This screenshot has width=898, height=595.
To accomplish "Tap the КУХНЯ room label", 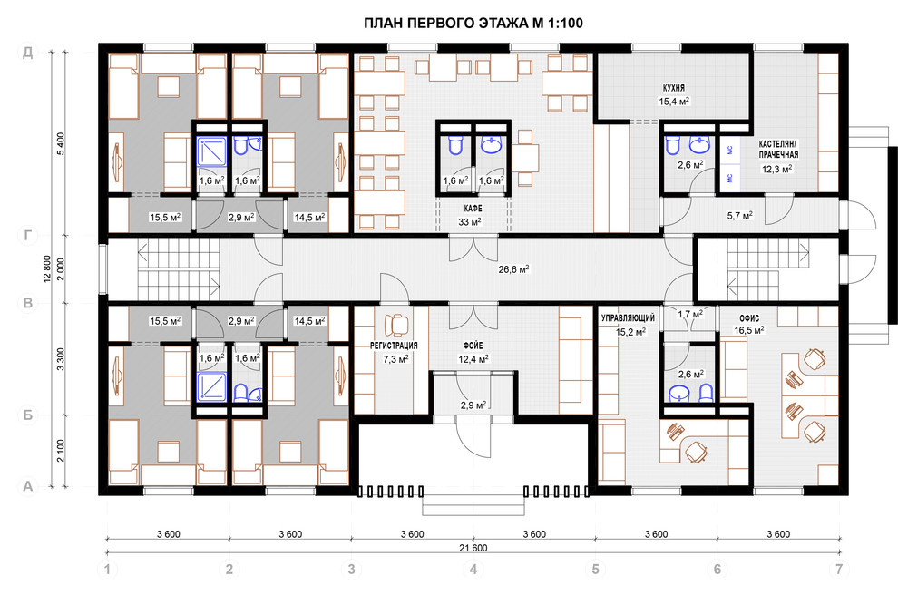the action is (673, 88).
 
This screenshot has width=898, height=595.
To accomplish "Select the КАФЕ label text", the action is (473, 209).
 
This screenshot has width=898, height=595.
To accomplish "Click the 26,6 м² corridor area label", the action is (513, 268).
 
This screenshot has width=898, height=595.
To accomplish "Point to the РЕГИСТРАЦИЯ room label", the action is (394, 346).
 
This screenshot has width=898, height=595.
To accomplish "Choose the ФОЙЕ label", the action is (473, 346).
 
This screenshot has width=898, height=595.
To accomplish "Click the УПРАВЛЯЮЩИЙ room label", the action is (628, 317).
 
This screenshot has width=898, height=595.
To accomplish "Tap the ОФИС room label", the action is (749, 317).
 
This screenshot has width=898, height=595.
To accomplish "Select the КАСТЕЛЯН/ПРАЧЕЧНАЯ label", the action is (778, 149).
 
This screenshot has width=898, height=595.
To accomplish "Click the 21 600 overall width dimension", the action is (473, 548).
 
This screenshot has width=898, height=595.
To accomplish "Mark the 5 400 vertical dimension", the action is (61, 143).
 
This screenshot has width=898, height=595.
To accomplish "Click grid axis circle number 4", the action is (473, 570).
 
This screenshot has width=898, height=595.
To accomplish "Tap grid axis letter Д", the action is (27, 53).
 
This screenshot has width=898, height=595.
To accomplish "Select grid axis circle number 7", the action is (840, 570).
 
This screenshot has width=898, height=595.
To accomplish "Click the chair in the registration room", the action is (397, 325).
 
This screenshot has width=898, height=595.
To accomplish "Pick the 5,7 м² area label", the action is (740, 216).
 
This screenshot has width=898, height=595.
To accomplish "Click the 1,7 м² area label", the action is (690, 315).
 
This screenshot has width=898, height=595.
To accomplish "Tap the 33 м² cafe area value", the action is (470, 222).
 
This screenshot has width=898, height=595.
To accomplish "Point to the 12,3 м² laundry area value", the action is (777, 169).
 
